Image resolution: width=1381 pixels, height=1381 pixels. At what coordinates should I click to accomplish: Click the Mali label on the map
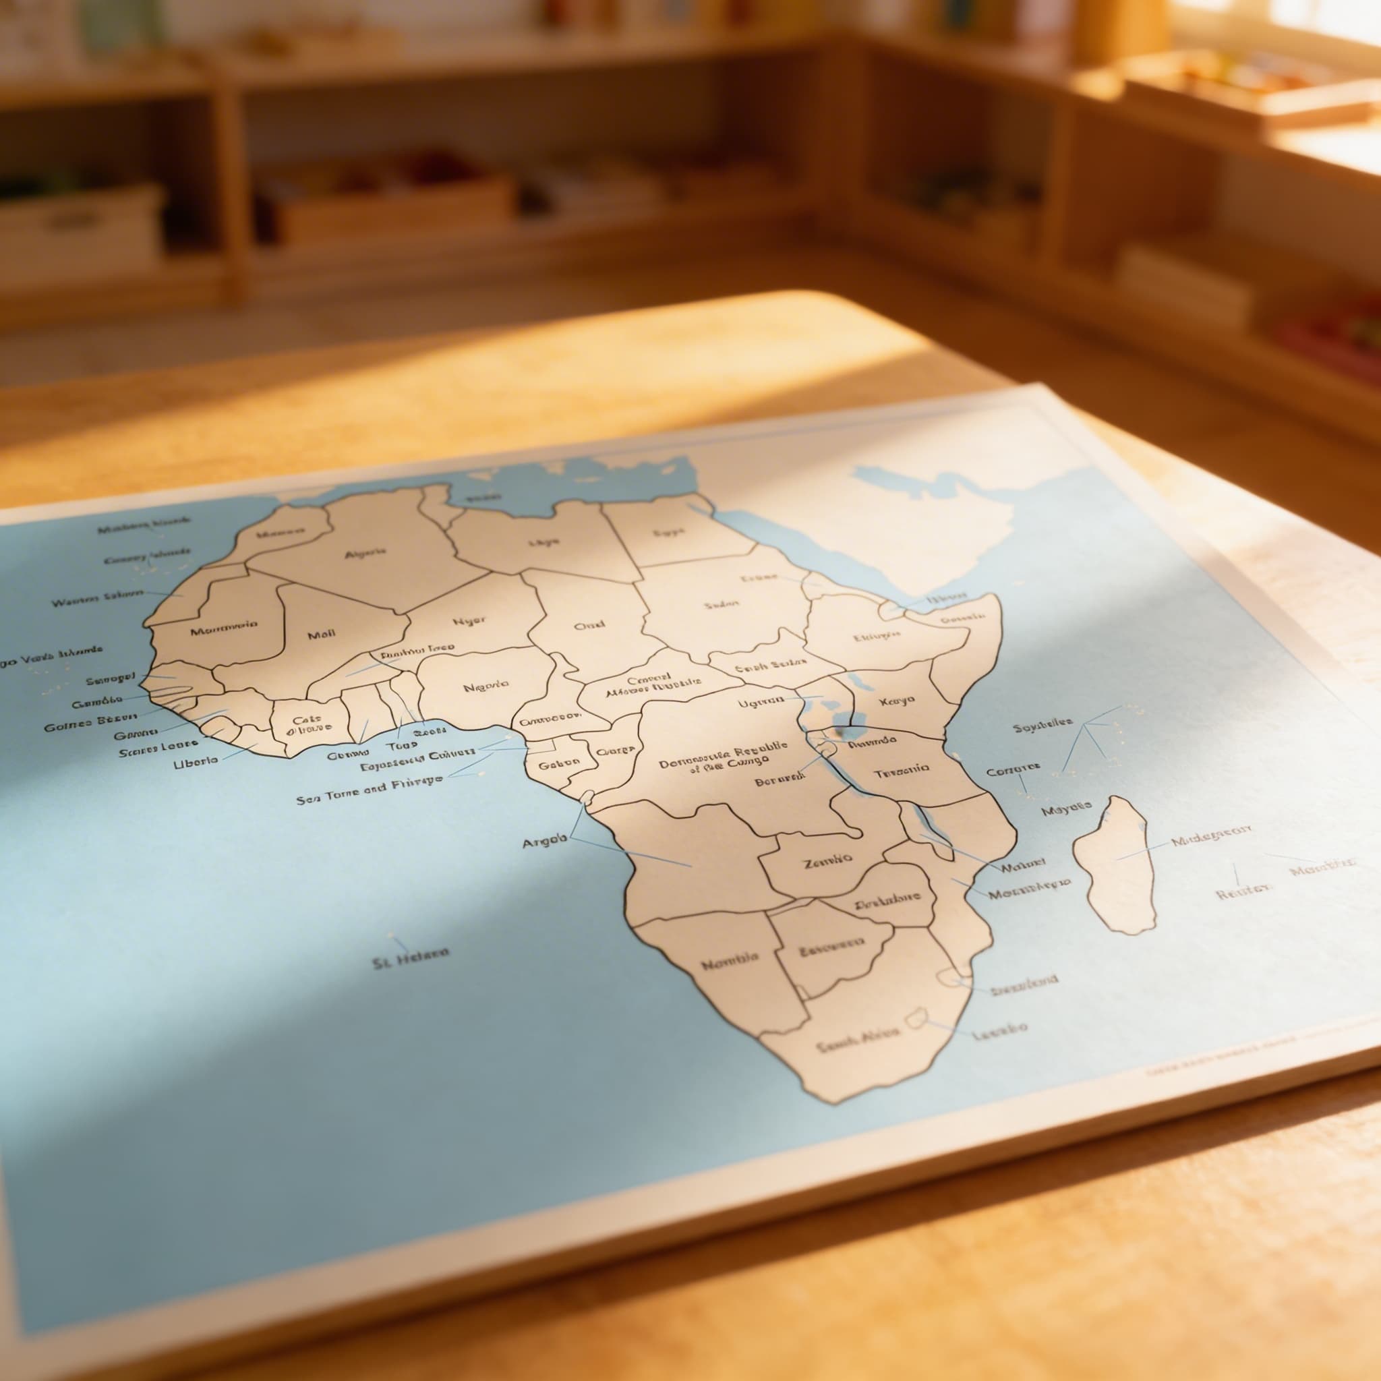[x=322, y=634]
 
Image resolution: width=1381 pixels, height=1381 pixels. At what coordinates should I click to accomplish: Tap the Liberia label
[x=196, y=762]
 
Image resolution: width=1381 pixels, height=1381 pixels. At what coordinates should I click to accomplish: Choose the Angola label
[x=545, y=843]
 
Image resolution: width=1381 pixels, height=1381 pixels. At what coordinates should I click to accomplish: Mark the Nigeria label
[x=486, y=687]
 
